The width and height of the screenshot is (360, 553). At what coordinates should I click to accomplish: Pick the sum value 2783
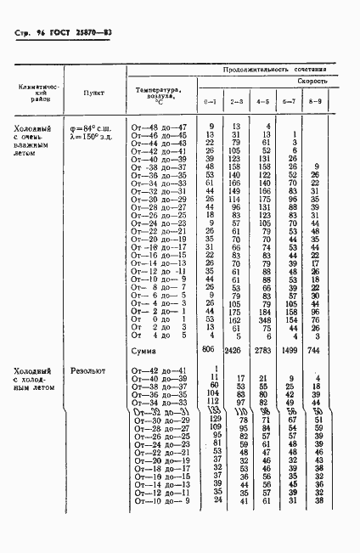click(264, 350)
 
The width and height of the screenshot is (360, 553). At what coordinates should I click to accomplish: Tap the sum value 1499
click(290, 350)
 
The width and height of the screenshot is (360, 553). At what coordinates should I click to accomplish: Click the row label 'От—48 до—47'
click(159, 127)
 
